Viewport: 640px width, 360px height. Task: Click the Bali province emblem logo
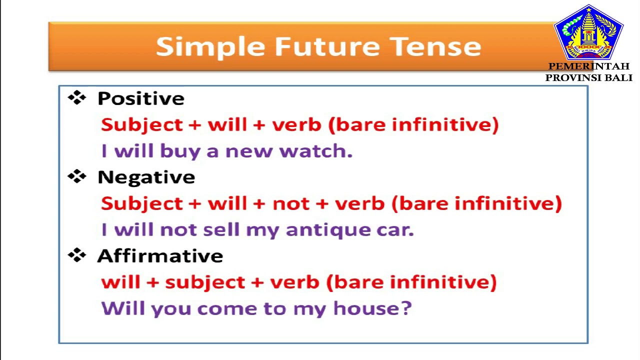point(588,32)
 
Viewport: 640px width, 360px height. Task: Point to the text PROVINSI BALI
point(588,77)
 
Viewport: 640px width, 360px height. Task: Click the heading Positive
point(140,98)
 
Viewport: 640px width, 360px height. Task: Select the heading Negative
point(146,177)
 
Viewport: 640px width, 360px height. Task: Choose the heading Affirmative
point(160,256)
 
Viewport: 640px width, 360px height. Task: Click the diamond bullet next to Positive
point(77,97)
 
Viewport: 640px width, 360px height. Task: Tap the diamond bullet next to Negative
point(77,176)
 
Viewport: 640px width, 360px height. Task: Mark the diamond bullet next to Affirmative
point(77,255)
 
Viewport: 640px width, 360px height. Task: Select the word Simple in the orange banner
point(210,46)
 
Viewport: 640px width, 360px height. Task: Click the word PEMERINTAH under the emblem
point(588,66)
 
